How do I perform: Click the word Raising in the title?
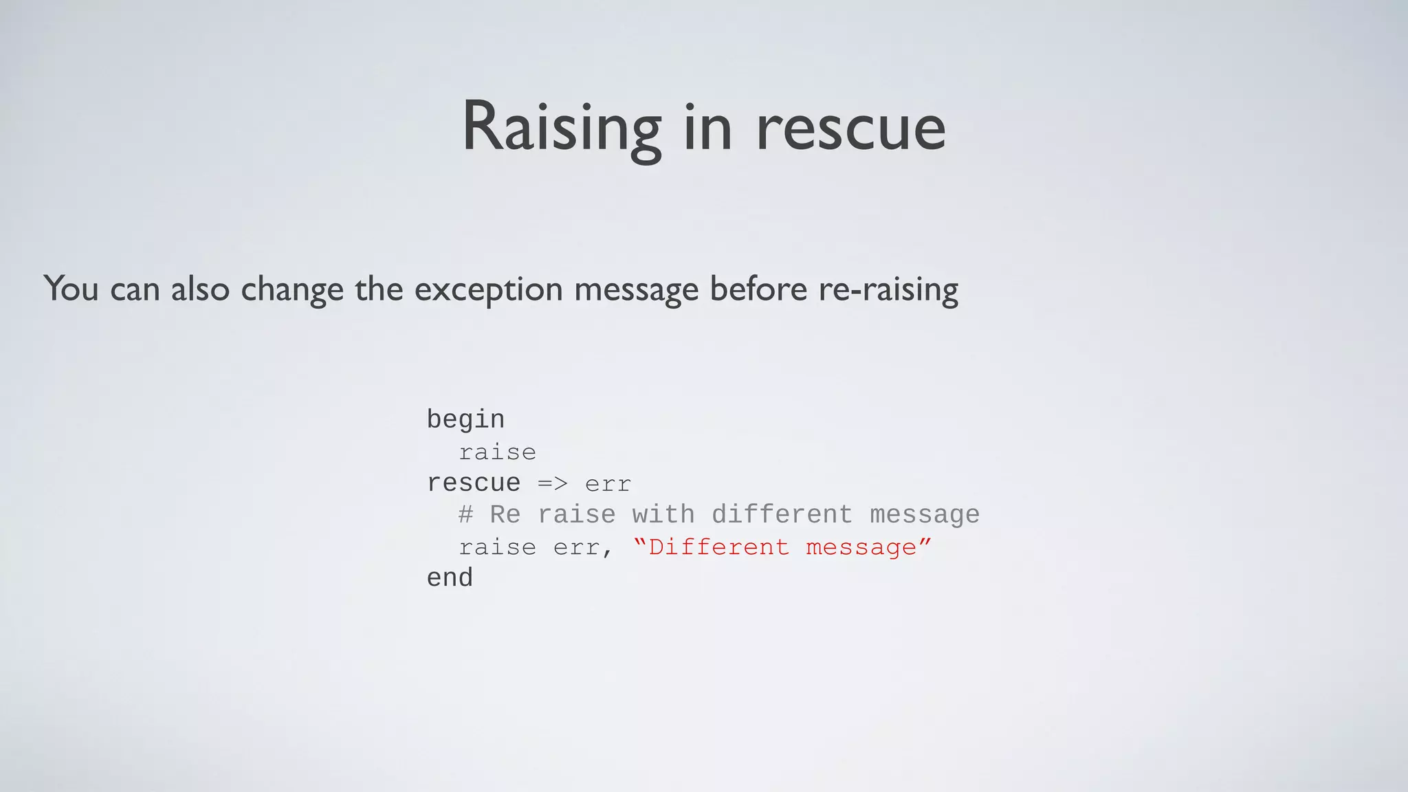click(x=561, y=127)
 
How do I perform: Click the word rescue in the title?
click(x=850, y=129)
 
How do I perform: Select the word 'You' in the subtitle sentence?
click(x=71, y=288)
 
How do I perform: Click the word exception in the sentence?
click(x=488, y=289)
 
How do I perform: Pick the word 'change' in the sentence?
click(x=291, y=289)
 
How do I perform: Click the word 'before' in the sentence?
click(x=758, y=288)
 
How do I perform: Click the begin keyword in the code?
click(x=465, y=419)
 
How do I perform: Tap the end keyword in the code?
click(x=450, y=578)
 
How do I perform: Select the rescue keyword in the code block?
click(x=473, y=483)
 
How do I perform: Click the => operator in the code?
click(x=552, y=484)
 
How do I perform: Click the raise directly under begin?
click(x=497, y=452)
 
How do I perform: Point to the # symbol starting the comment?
click(x=465, y=515)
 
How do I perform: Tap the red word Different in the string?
click(x=718, y=547)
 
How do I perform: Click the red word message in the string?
click(x=861, y=547)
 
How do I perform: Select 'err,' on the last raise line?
click(x=583, y=548)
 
